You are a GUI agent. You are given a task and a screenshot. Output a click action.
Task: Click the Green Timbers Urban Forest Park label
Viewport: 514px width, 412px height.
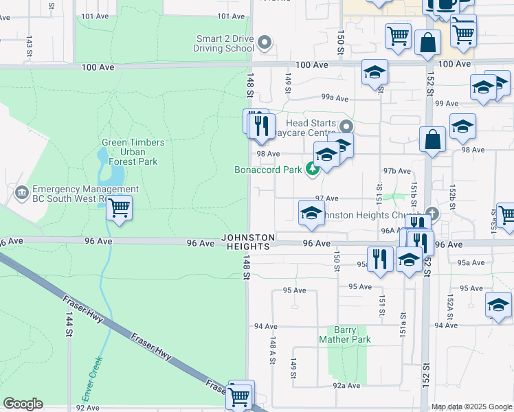[133, 152]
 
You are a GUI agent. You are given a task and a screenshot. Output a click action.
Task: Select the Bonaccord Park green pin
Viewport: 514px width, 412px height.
[313, 168]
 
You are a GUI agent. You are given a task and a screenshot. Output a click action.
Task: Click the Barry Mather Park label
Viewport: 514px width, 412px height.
[345, 335]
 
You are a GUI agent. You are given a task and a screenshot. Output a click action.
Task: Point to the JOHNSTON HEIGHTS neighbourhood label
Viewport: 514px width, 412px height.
[248, 242]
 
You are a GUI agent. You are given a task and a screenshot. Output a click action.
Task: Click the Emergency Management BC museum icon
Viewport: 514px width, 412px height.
[21, 192]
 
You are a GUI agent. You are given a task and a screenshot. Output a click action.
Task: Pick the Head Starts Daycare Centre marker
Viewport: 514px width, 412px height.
[347, 126]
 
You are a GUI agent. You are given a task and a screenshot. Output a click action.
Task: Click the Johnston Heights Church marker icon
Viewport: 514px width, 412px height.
[432, 213]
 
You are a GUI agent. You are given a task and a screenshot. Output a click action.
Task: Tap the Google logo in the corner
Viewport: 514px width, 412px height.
[23, 404]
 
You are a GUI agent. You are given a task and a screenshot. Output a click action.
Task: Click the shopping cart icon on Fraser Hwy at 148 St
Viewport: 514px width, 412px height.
[240, 396]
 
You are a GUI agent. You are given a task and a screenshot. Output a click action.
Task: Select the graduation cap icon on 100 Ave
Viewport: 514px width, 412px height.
[375, 72]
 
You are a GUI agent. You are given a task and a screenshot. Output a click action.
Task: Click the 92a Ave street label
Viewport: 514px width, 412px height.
[346, 386]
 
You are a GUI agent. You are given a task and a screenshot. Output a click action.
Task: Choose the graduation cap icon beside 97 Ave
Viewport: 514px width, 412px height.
[311, 212]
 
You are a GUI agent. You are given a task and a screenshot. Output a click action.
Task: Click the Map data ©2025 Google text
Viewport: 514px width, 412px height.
[471, 407]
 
